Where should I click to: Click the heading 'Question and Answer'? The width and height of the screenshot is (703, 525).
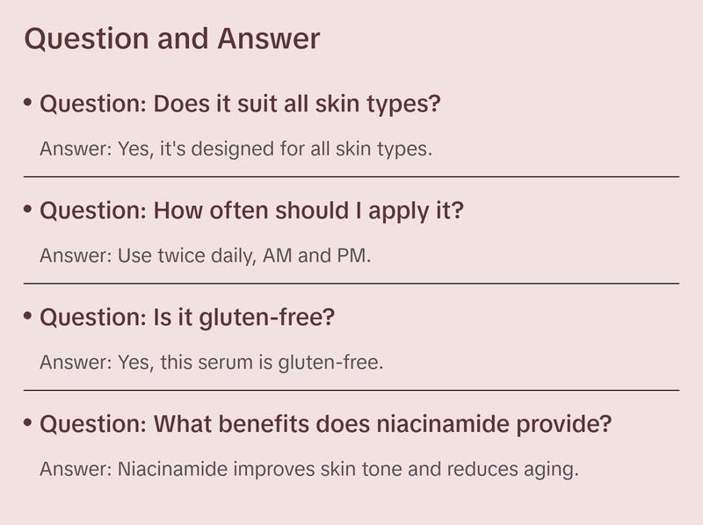[172, 40]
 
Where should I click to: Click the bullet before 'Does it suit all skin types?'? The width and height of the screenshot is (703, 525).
[28, 103]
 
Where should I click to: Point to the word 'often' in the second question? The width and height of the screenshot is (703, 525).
[241, 212]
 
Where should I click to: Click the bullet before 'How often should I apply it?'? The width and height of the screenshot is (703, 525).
[28, 210]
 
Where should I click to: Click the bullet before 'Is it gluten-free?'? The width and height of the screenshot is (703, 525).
[28, 316]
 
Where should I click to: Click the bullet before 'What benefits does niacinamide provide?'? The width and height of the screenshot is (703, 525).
[28, 422]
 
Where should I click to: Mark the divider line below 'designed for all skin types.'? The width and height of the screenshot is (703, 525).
[351, 176]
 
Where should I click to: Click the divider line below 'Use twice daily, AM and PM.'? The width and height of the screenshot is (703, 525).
[351, 284]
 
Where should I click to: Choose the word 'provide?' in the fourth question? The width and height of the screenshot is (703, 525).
[568, 424]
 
